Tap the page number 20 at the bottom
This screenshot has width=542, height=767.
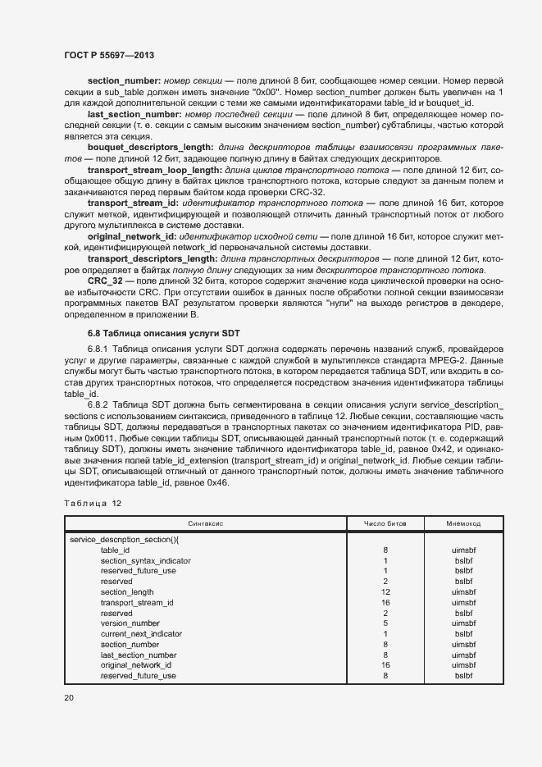(x=68, y=697)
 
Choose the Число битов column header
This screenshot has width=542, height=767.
(x=385, y=523)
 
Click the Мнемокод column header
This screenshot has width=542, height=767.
(x=463, y=523)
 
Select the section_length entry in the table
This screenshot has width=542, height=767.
(x=127, y=591)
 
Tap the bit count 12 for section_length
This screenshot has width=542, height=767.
(x=385, y=591)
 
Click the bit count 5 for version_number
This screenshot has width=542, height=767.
(x=385, y=623)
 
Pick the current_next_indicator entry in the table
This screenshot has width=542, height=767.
(x=141, y=634)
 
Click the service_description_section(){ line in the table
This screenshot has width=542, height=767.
(x=125, y=540)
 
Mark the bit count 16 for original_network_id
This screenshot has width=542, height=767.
(x=385, y=665)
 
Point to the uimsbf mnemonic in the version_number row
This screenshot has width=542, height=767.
(x=463, y=623)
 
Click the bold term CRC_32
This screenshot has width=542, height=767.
(x=104, y=281)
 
